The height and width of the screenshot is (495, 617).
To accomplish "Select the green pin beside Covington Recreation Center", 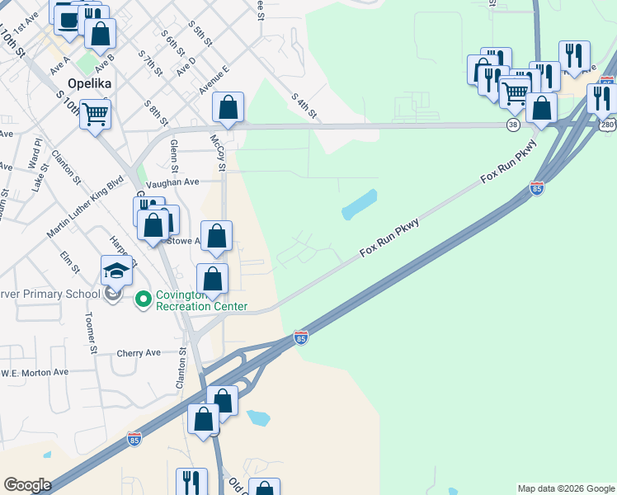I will [143, 299].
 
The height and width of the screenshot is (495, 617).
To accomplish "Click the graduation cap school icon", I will [116, 271].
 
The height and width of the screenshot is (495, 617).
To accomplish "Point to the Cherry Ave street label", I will [139, 352].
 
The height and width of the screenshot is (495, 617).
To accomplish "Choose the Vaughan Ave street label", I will [172, 182].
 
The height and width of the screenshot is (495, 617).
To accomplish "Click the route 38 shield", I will [513, 125].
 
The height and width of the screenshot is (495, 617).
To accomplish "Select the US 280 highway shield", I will [608, 125].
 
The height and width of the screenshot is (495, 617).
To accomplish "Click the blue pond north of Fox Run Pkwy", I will [359, 205].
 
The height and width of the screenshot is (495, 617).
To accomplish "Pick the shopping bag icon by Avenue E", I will [228, 107].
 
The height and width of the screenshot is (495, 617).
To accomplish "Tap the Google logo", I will [27, 485].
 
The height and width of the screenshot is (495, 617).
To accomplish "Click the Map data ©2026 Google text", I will [566, 488].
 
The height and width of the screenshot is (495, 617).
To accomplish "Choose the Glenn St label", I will [174, 152].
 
